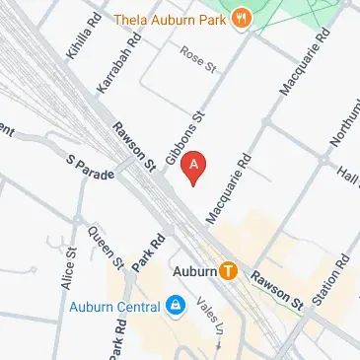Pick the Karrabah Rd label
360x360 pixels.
[x=114, y=69]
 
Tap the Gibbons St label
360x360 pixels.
[x=183, y=139]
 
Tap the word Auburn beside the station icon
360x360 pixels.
[x=193, y=269]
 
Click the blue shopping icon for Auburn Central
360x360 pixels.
[x=175, y=306]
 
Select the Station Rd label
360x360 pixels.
[x=328, y=281]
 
